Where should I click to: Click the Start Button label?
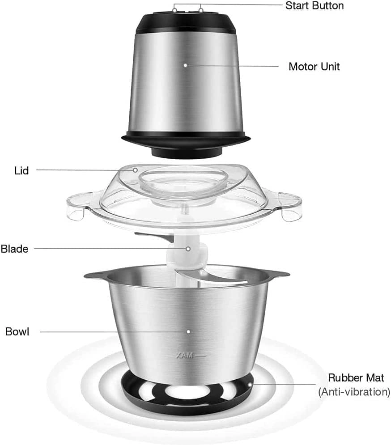(314, 6)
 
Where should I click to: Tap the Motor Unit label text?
(314, 67)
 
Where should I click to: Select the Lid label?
(21, 170)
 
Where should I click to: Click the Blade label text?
(14, 249)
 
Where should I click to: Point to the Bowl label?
(17, 332)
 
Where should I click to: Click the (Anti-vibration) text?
(354, 392)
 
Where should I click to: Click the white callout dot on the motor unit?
(185, 65)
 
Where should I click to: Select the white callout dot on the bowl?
(188, 331)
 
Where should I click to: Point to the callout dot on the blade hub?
(188, 249)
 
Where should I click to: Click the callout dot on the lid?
(135, 170)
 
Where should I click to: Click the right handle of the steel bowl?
(277, 273)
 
